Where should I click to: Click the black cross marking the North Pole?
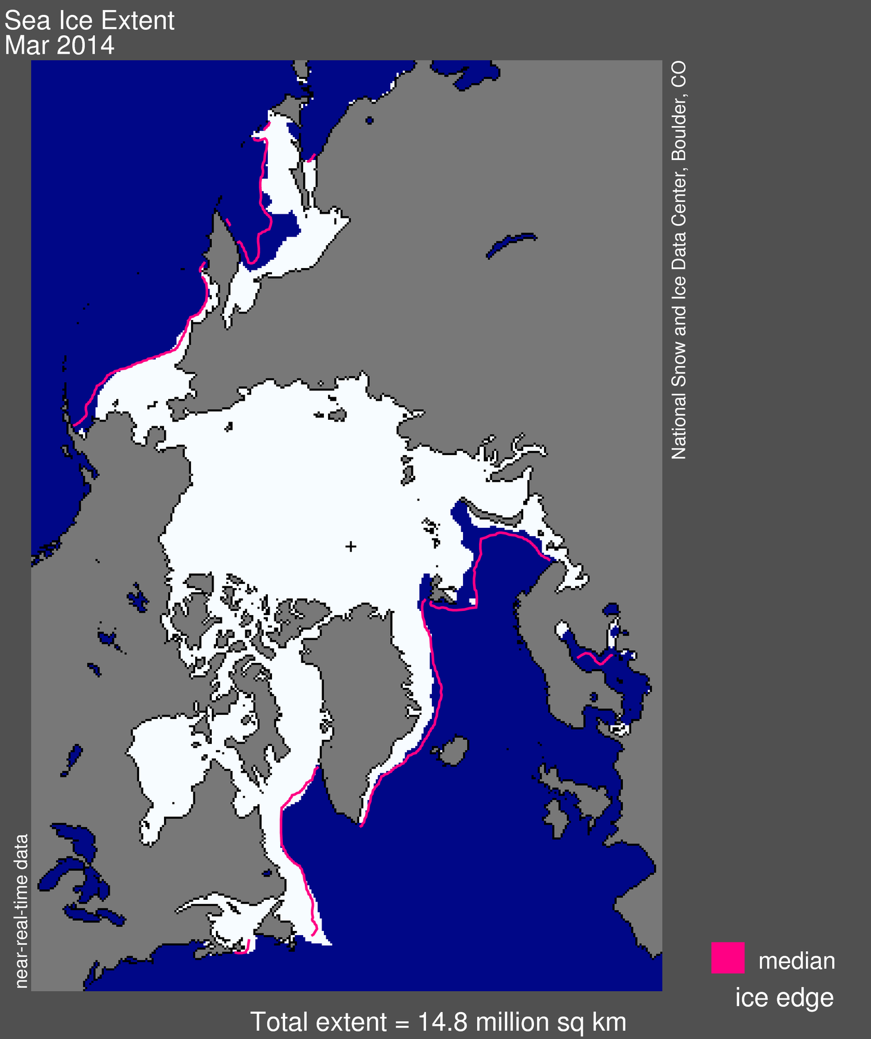pos(351,546)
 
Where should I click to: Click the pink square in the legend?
pos(727,958)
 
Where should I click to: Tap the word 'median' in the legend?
pos(796,961)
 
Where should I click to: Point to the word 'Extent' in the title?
pos(137,21)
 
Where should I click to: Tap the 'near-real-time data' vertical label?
pos(21,911)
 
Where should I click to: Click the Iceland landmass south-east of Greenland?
pos(453,750)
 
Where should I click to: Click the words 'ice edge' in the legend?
pos(784,998)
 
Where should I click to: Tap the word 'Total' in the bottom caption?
pos(280,1022)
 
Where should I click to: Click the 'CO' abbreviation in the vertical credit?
pos(679,75)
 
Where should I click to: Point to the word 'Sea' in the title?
pos(26,21)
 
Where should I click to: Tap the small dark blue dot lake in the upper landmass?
pos(369,121)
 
